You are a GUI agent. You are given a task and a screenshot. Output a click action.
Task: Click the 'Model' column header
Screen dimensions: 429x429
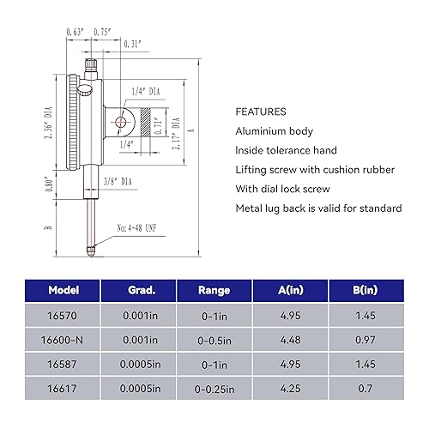tap(64, 290)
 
